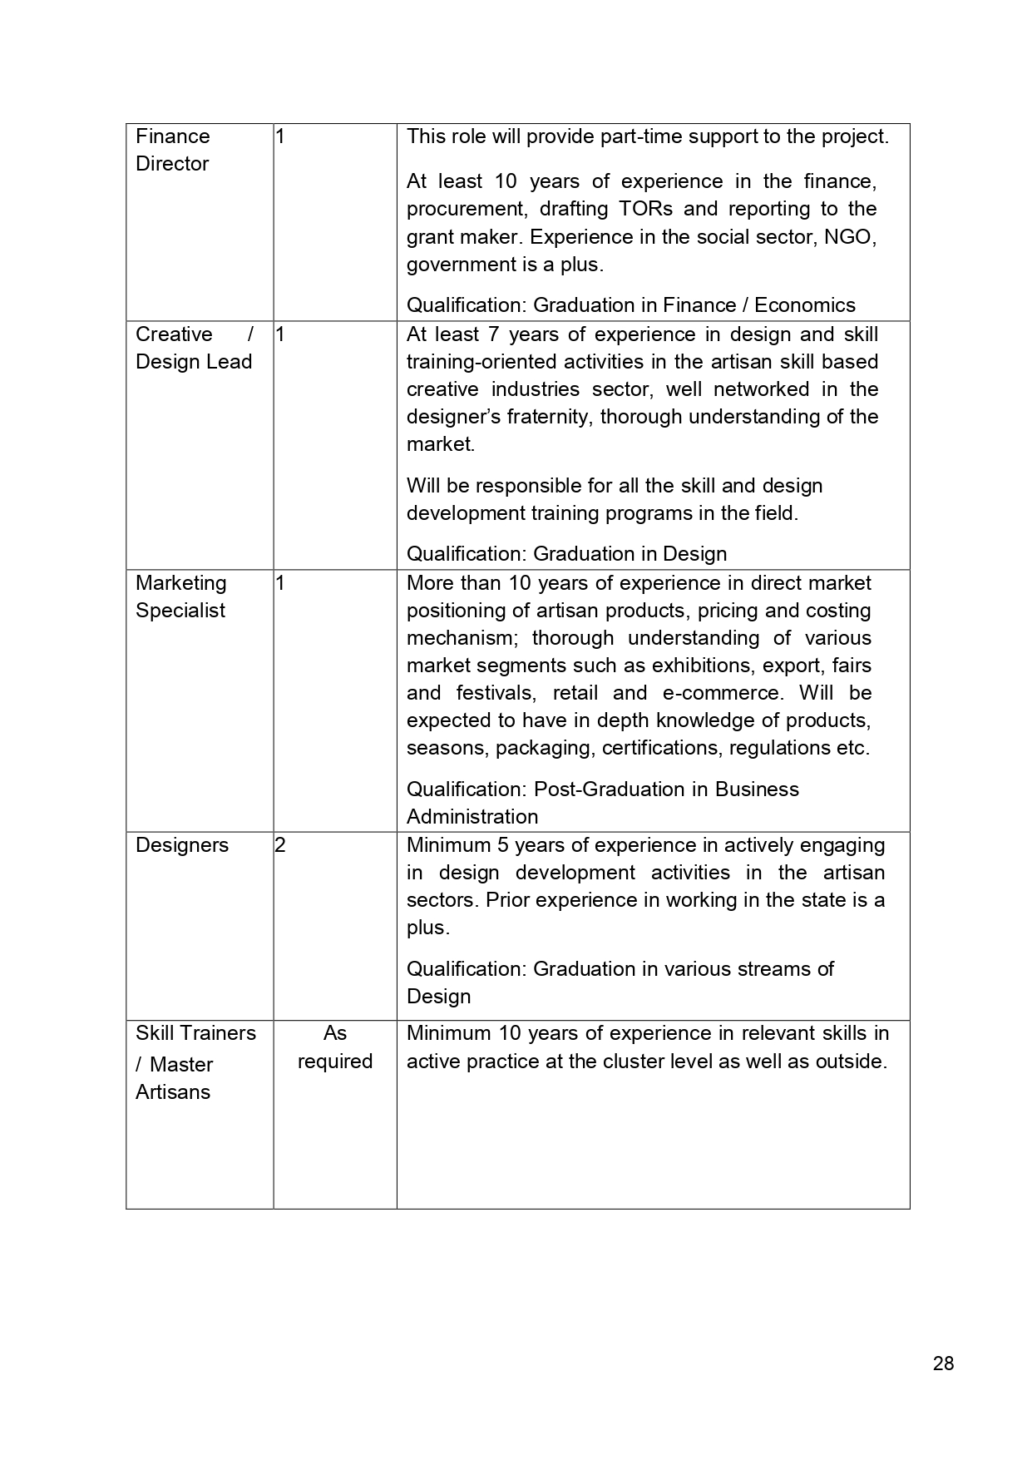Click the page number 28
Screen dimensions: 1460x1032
point(943,1363)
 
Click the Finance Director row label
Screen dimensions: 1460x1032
point(173,150)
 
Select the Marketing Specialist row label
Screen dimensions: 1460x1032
point(180,596)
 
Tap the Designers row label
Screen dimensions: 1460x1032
point(182,845)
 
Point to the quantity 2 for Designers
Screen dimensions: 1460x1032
point(280,845)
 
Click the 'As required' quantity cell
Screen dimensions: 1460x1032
point(334,1047)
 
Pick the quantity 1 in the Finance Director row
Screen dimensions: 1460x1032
point(280,136)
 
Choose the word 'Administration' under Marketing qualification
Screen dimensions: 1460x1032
point(472,817)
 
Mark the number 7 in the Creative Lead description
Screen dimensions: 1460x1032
point(493,334)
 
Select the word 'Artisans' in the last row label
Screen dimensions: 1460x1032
point(173,1092)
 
